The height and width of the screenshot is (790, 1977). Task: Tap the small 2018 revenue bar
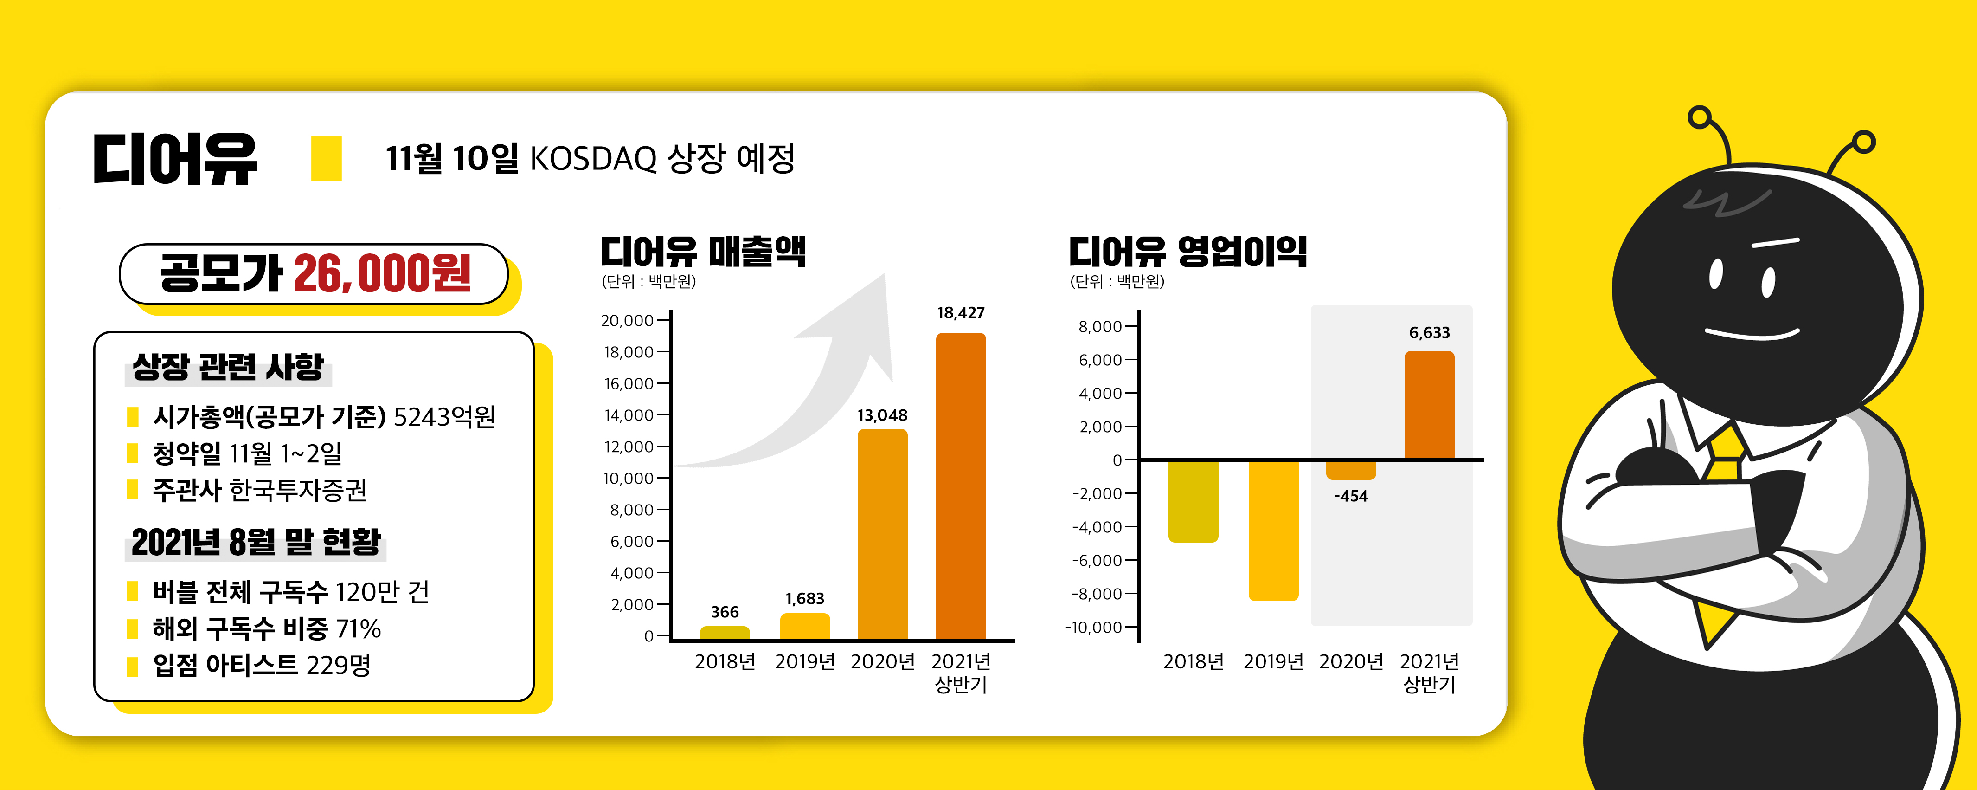[x=725, y=633]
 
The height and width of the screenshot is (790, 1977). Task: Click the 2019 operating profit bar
[x=1273, y=530]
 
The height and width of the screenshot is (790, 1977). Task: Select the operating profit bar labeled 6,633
[x=1429, y=405]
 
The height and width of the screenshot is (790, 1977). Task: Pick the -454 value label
[x=1351, y=496]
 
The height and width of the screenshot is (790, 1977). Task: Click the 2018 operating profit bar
[x=1193, y=500]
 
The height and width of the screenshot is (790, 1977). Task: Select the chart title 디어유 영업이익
[x=1187, y=252]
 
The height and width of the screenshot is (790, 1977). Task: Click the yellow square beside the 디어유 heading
[x=326, y=159]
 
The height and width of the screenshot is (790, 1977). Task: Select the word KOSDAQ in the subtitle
[x=592, y=159]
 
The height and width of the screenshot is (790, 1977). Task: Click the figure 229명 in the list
[x=338, y=665]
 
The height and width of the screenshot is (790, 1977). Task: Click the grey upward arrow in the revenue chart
[x=829, y=376]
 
